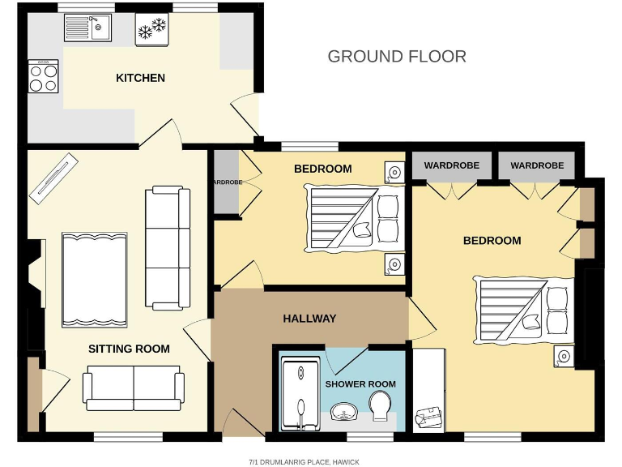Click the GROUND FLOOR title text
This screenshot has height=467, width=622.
pos(397,57)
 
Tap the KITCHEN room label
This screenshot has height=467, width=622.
pos(140,78)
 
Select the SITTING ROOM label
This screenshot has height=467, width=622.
pos(129,349)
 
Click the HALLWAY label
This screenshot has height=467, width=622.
pos(309,319)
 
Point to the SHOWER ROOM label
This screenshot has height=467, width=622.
pos(360,383)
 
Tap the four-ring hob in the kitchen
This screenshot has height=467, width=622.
pos(44,78)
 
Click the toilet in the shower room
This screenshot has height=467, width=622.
pos(380,404)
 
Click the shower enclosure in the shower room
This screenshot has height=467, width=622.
pos(300,395)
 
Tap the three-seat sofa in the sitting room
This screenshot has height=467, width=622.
pos(167,247)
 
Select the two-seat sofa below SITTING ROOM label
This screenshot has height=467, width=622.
pos(133,388)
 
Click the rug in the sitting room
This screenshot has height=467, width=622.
pos(95,278)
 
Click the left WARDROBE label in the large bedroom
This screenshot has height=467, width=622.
pos(451,165)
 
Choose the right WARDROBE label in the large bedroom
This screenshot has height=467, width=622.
pos(536,165)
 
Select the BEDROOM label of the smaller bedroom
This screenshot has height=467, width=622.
pos(322,169)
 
